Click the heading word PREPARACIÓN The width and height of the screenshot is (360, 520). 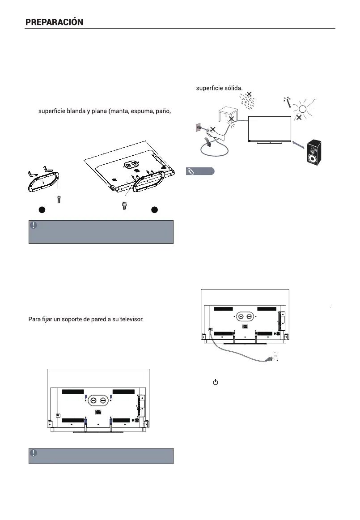pyautogui.click(x=54, y=22)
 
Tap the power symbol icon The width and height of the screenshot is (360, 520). pyautogui.click(x=215, y=383)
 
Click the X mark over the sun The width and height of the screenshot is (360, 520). pyautogui.click(x=298, y=118)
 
